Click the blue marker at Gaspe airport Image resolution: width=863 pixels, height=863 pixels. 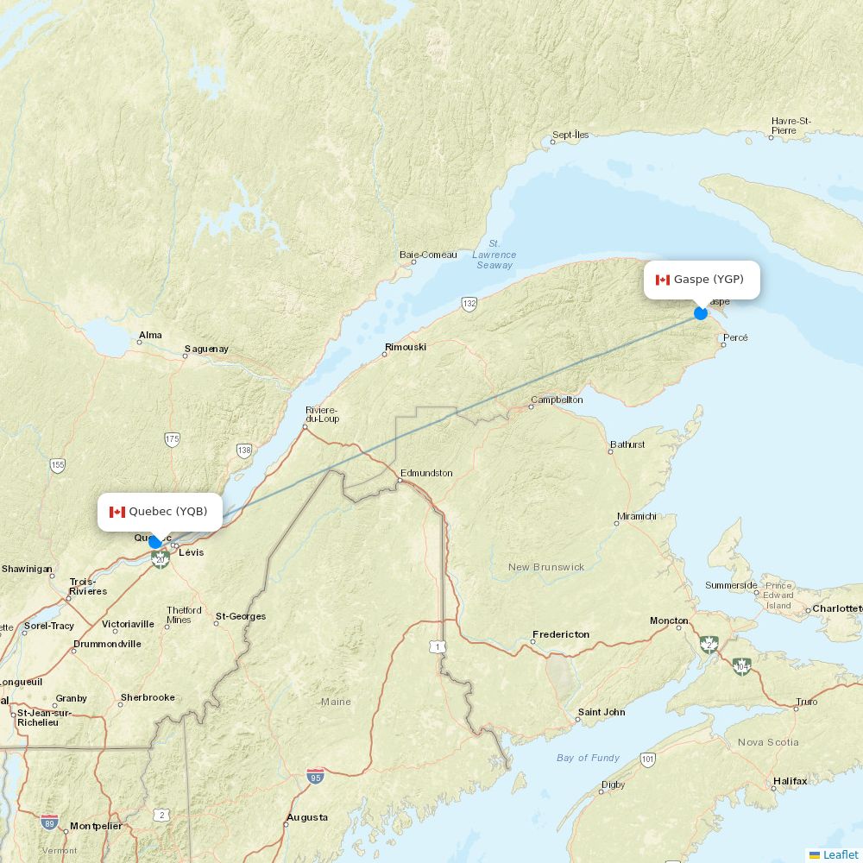(701, 312)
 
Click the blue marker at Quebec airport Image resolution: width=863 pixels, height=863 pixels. (155, 541)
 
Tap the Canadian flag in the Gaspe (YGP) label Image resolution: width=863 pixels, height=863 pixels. (663, 280)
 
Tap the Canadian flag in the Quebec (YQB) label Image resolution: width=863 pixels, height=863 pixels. (117, 512)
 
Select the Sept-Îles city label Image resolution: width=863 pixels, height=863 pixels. (570, 135)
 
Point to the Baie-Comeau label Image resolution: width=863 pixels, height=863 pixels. (428, 255)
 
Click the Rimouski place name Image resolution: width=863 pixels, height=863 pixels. (406, 347)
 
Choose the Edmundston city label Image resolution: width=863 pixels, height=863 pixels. (426, 473)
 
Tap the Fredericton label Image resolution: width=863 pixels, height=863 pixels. (561, 634)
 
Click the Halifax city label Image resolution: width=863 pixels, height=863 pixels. (790, 781)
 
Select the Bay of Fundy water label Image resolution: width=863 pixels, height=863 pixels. (588, 758)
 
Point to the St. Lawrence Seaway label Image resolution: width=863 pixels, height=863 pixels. (494, 255)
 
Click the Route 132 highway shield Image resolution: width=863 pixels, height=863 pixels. (469, 304)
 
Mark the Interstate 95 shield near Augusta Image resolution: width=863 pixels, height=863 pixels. (315, 776)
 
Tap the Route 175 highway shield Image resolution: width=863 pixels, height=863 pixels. (172, 439)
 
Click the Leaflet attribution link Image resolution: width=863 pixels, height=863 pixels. (840, 854)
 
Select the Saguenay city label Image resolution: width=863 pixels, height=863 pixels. (206, 350)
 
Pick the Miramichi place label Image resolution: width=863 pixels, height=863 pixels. (636, 516)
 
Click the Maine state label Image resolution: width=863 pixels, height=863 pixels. (336, 702)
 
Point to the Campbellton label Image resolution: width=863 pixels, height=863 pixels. (557, 400)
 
